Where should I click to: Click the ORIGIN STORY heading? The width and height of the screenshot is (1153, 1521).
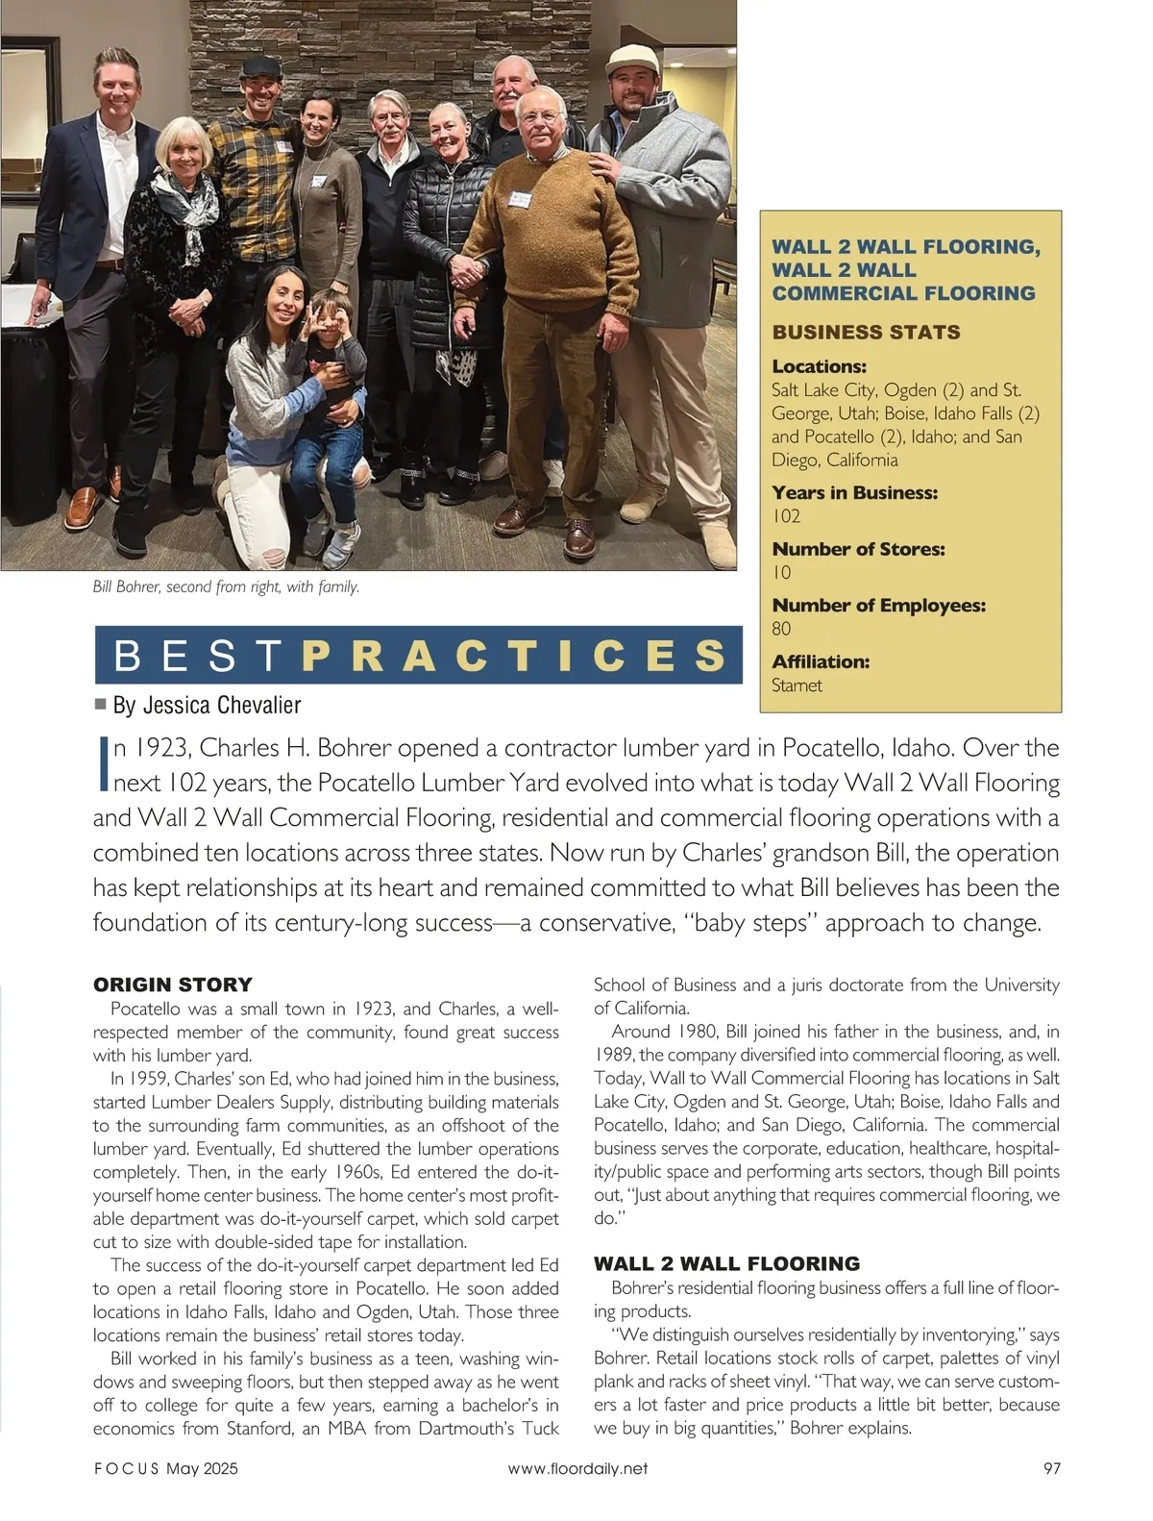(x=172, y=985)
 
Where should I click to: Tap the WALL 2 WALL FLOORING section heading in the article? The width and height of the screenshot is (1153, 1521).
(x=726, y=1263)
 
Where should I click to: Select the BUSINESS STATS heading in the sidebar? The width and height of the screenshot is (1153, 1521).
(x=866, y=333)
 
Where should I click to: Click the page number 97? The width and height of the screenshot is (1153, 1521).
(x=1051, y=1468)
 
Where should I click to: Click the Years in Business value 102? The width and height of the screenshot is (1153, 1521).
(x=786, y=516)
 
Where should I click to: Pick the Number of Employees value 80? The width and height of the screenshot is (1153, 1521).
(x=781, y=629)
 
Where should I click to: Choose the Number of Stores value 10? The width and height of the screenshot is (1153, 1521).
(x=781, y=573)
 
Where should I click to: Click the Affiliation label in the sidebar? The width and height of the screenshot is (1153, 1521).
(x=821, y=661)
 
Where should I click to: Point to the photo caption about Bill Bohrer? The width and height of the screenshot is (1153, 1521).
(x=226, y=586)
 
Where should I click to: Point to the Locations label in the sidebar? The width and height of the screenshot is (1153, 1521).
(x=819, y=366)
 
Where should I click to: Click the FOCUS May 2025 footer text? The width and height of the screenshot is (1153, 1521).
(x=165, y=1468)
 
